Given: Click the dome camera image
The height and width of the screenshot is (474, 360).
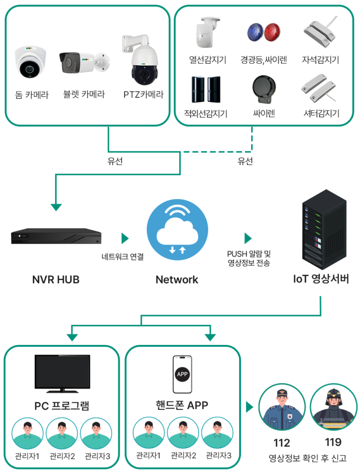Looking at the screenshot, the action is pos(31,62).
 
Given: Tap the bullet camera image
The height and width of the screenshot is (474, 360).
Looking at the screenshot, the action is pos(84,63).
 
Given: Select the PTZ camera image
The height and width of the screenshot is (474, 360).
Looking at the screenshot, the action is pos(141,60).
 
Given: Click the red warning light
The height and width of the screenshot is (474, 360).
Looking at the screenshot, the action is pos(272,32).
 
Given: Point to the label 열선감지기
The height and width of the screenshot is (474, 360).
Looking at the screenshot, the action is pos(208,60).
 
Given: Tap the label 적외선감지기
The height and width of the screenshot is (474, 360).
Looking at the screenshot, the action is pos(206,114).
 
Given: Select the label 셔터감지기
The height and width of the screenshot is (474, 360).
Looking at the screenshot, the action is pos(321,113).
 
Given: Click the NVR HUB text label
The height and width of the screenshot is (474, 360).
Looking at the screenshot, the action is pos(56,280).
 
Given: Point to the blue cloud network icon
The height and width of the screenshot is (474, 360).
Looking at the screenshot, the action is pos(177,230).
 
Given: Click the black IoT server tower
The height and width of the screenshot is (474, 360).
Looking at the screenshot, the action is pos(324,230).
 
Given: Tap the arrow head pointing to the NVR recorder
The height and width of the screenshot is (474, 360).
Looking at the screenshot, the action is pos(56,207).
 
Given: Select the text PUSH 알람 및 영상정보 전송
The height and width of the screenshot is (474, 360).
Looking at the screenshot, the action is pos(249,258).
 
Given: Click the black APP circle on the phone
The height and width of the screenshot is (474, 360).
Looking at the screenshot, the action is pos(182,374).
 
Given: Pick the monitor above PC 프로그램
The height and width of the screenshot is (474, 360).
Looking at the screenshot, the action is pos(63,374).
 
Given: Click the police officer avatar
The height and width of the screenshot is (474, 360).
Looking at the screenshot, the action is pos(282,407).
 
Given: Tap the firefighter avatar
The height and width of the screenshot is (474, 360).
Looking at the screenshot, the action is pos(334,407).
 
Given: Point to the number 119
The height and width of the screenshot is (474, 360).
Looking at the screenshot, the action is pos(334,442).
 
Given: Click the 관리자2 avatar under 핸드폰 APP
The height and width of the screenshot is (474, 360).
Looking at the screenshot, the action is pos(183,433).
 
